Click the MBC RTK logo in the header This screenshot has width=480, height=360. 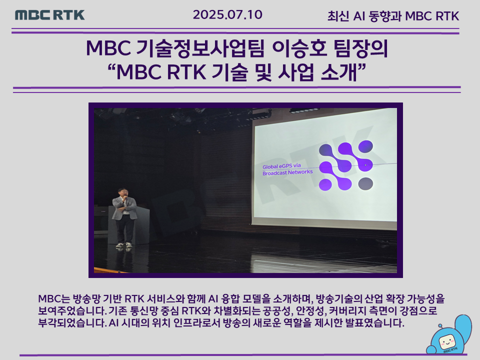50,15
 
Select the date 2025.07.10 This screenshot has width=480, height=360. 227,14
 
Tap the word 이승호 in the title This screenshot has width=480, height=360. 299,48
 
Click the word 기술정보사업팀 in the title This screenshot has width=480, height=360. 199,48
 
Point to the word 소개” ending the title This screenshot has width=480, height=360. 343,72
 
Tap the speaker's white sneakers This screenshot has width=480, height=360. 124,245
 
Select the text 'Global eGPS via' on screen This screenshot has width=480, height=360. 281,166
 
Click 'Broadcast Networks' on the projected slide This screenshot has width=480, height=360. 287,172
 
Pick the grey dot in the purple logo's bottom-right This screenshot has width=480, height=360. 365,183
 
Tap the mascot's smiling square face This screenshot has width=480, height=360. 447,341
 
